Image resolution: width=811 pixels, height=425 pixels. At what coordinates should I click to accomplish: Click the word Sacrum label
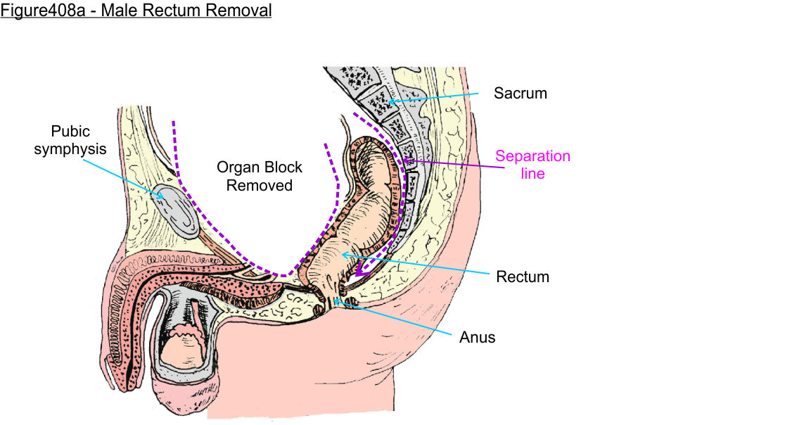(x=520, y=93)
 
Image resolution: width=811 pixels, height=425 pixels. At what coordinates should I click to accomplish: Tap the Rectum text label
(x=522, y=277)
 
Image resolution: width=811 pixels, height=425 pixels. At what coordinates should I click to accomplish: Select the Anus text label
(x=477, y=337)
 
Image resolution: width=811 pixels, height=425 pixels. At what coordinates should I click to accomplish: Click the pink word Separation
(x=532, y=156)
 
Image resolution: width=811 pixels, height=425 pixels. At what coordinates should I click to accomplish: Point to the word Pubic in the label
(x=70, y=132)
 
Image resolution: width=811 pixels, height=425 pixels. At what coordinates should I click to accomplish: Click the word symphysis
(x=70, y=149)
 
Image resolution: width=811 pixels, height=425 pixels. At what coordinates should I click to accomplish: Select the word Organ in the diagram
(x=236, y=167)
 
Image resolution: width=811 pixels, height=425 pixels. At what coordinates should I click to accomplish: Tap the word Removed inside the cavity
(x=260, y=186)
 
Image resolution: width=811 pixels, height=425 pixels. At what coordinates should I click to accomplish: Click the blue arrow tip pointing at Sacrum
(x=389, y=102)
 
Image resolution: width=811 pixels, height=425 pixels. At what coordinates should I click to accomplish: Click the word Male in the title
(x=130, y=11)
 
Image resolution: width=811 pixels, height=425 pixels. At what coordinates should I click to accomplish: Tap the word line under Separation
(x=533, y=173)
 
